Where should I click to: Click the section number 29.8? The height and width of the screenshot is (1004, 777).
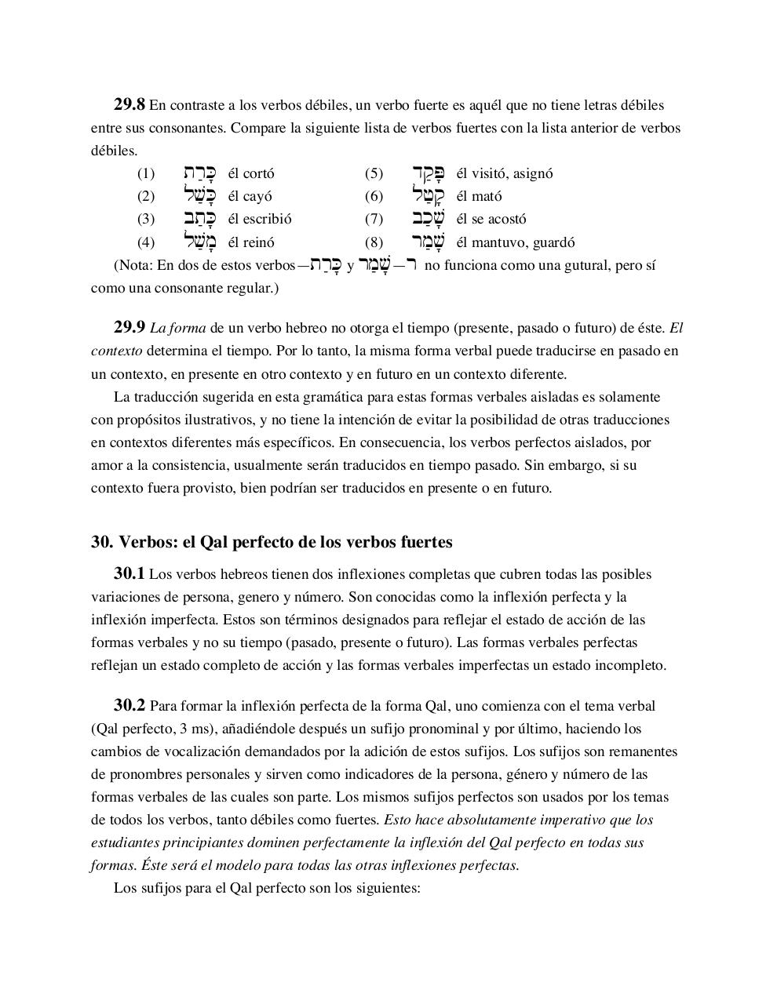(x=129, y=104)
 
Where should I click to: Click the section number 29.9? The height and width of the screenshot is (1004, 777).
(x=129, y=327)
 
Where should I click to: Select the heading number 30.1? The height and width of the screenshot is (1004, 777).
(x=129, y=573)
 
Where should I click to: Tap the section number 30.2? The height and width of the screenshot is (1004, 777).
(x=129, y=705)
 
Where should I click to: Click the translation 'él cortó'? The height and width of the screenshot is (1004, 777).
(x=251, y=173)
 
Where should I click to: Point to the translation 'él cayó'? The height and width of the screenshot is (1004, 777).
(x=250, y=196)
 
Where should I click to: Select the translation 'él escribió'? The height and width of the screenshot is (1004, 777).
(x=259, y=219)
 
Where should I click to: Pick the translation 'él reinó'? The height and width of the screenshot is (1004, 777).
(x=251, y=242)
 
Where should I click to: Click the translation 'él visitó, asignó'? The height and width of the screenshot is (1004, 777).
(x=504, y=173)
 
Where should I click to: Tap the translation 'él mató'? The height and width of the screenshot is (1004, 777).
(x=479, y=196)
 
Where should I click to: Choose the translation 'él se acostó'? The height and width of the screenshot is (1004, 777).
(x=491, y=219)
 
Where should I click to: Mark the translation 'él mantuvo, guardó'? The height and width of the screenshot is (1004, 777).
(x=515, y=242)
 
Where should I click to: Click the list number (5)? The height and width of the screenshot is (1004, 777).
(x=374, y=173)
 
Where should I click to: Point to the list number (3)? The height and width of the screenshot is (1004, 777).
(x=146, y=219)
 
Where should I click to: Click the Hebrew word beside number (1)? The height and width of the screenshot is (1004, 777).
(x=197, y=173)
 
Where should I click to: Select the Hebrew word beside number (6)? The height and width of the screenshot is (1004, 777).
(x=429, y=195)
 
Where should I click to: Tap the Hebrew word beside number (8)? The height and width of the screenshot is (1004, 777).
(x=429, y=241)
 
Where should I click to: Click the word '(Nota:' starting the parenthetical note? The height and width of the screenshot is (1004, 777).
(x=133, y=265)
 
